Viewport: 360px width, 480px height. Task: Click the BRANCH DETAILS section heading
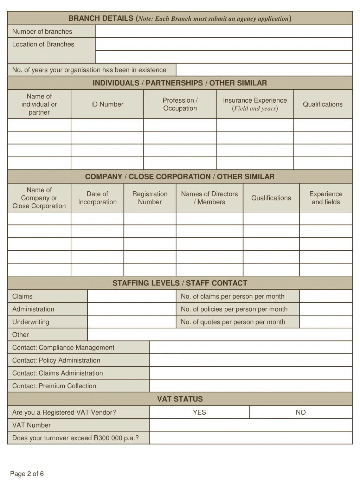tap(180, 18)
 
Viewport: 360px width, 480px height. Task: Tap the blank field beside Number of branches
tap(224, 32)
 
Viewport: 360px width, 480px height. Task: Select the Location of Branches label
tap(43, 44)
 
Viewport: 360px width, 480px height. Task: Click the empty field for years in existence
tap(264, 70)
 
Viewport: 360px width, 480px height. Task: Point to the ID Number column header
tap(107, 104)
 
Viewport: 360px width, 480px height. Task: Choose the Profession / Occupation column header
tap(180, 104)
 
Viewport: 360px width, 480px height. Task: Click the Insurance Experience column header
tap(255, 104)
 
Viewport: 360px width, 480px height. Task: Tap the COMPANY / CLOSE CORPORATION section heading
tap(180, 177)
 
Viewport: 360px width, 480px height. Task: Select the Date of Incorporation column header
tap(97, 198)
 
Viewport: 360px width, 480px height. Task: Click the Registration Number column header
tap(150, 198)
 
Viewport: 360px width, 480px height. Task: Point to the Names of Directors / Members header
tap(210, 198)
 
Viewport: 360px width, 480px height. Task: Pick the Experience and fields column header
tap(326, 198)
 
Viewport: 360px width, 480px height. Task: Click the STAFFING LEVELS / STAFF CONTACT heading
tap(180, 283)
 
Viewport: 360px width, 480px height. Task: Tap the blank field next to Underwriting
tap(131, 322)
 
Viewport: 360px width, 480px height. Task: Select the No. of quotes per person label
tap(233, 322)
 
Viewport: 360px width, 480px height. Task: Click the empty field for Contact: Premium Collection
tap(251, 386)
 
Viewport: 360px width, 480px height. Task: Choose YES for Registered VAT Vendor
tap(199, 412)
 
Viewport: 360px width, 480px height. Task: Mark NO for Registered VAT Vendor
tap(301, 412)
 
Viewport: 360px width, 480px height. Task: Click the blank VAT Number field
tap(251, 425)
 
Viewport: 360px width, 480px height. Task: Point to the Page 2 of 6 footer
tap(27, 474)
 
